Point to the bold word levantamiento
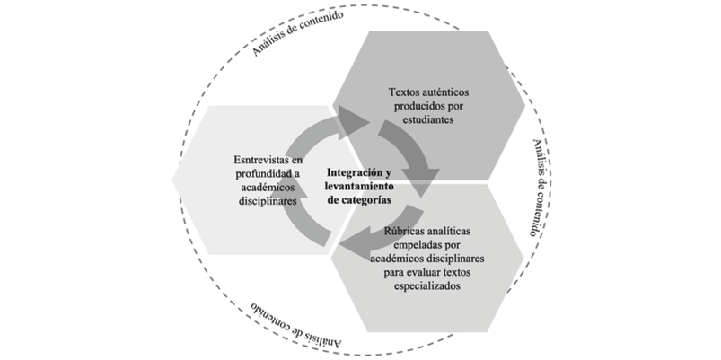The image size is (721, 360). tap(359, 186)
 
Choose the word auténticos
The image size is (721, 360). tap(445, 92)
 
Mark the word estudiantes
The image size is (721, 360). tap(428, 119)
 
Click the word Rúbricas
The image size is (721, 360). tap(403, 231)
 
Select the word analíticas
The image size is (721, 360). tap(448, 231)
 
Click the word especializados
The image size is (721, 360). tap(427, 286)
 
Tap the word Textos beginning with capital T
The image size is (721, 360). tap(404, 92)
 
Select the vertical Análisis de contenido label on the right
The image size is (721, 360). tap(540, 187)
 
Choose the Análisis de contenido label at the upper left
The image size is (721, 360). tap(297, 33)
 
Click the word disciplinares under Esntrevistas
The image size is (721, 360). tap(268, 201)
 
